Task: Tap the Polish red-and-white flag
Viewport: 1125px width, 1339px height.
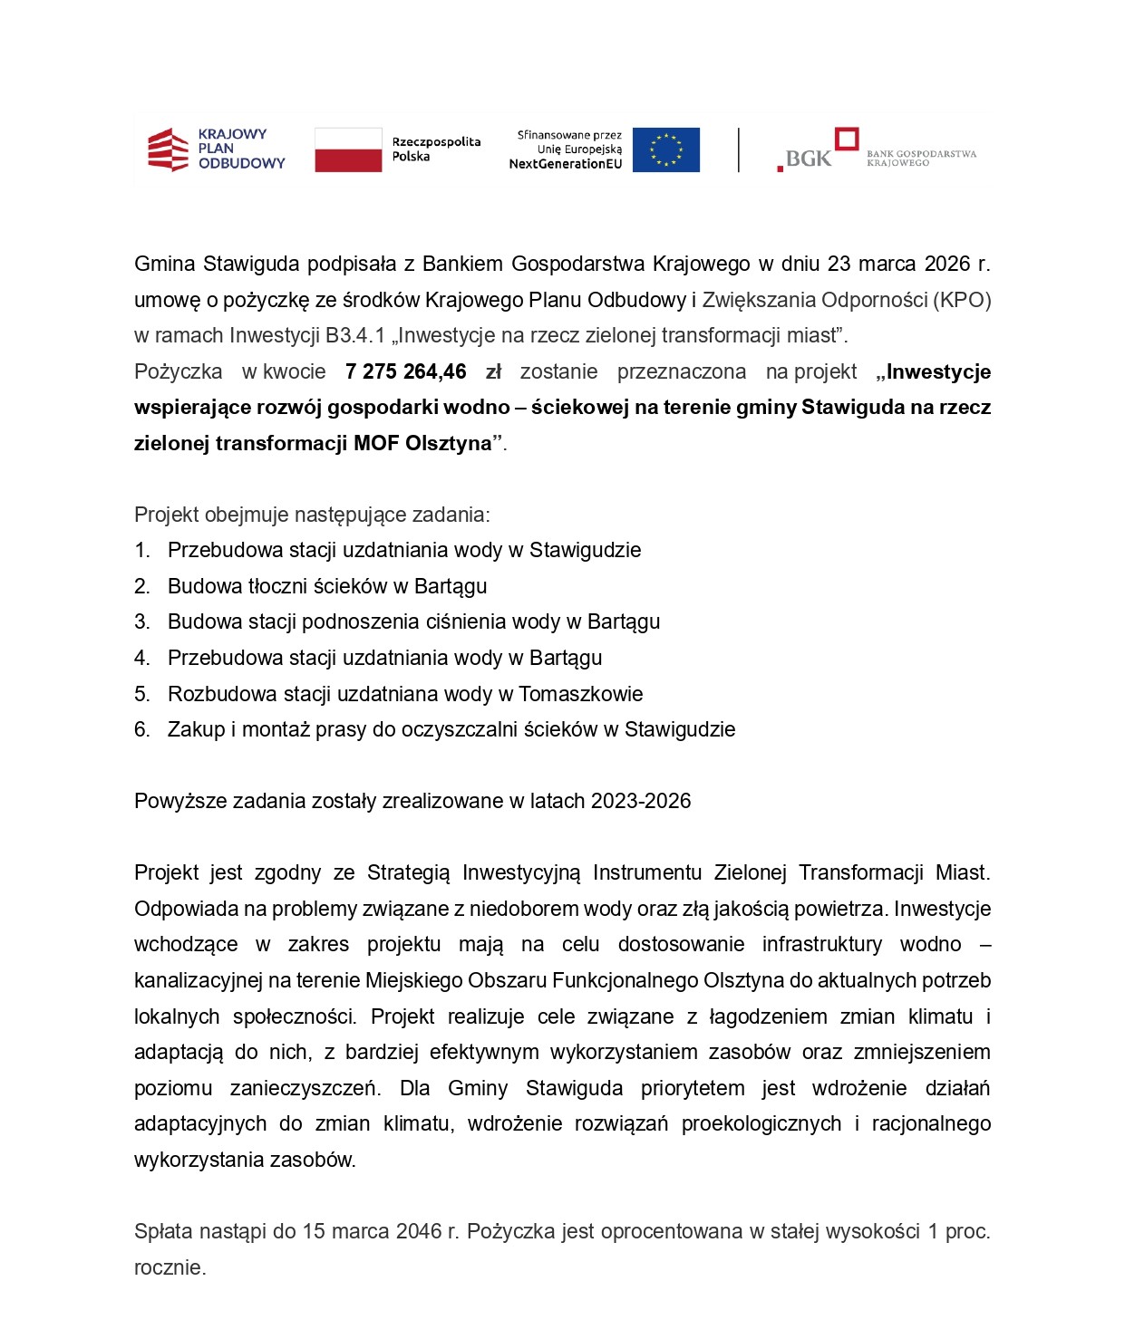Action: pyautogui.click(x=348, y=149)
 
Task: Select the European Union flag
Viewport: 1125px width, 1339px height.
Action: pyautogui.click(x=665, y=149)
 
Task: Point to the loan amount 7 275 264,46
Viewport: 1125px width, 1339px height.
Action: pyautogui.click(x=405, y=372)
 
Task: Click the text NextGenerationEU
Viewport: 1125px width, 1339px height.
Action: pyautogui.click(x=566, y=164)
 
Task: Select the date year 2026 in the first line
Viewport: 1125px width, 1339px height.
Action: pyautogui.click(x=947, y=265)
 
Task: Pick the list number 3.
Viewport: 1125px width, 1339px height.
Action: pyautogui.click(x=141, y=622)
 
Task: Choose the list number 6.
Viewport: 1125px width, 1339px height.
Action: pyautogui.click(x=141, y=730)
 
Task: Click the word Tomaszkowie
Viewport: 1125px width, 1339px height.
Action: pyautogui.click(x=580, y=695)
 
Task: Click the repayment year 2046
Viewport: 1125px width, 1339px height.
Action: pyautogui.click(x=420, y=1232)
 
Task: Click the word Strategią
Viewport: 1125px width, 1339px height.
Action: pyautogui.click(x=408, y=873)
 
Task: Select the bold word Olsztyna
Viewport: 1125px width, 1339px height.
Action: pyautogui.click(x=449, y=444)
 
